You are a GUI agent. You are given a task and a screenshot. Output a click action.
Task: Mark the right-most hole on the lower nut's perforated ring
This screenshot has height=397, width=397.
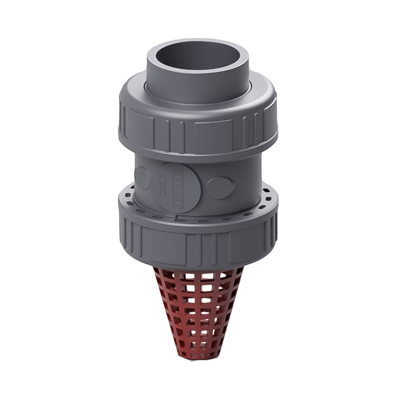click(x=269, y=199)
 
